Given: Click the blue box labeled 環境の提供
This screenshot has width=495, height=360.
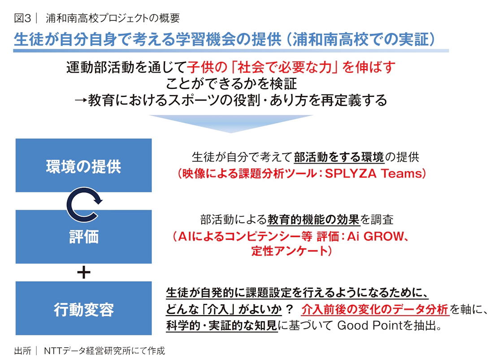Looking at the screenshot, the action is (x=84, y=165).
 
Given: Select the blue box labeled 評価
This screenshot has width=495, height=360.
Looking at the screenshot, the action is (x=84, y=237).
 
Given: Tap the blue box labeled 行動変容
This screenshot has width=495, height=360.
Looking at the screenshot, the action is (x=84, y=308).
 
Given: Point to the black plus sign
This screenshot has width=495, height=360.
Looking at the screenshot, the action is (x=84, y=272).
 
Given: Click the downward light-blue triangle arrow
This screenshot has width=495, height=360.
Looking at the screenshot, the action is (x=231, y=124).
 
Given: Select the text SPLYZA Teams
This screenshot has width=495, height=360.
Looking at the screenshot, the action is (x=373, y=173).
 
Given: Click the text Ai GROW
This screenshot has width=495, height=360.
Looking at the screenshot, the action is (x=375, y=236).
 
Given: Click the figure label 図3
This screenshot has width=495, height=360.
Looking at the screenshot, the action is (x=22, y=18).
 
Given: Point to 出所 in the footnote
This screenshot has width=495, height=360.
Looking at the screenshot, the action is (x=23, y=351).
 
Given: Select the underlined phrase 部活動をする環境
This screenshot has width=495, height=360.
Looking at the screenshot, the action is (x=339, y=157).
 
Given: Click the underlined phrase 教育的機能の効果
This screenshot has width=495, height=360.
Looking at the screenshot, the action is (x=313, y=220).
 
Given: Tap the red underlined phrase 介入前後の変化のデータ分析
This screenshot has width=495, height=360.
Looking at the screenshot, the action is (x=375, y=309).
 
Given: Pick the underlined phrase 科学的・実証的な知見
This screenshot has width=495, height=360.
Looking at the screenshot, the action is (x=221, y=325).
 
